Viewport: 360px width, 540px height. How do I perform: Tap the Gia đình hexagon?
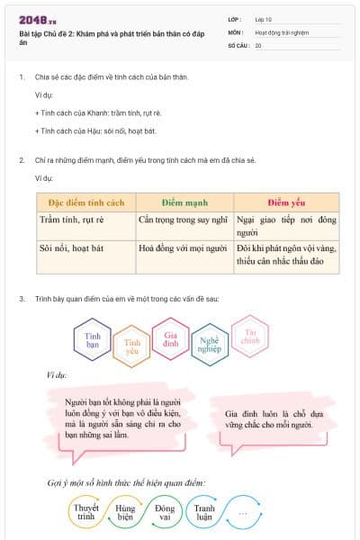click(170, 338)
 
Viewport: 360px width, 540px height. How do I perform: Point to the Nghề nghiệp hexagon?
click(210, 346)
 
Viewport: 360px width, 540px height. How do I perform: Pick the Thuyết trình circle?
click(86, 513)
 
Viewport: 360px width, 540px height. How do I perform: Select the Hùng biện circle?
click(126, 513)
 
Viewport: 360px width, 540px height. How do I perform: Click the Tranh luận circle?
click(205, 513)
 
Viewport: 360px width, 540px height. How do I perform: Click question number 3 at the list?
click(22, 297)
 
